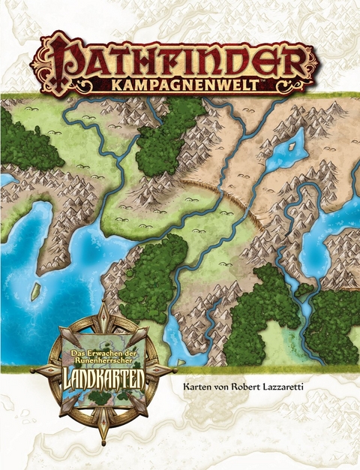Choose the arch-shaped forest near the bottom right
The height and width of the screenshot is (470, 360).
tap(259, 315)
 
